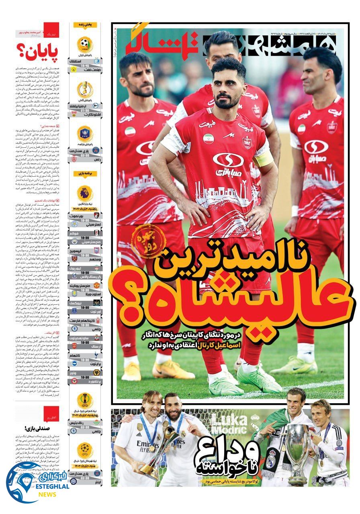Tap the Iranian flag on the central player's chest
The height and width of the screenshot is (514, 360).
pyautogui.click(x=209, y=139)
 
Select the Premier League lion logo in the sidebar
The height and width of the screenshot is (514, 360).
pyautogui.click(x=85, y=193)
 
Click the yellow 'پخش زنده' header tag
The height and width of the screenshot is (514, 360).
pyautogui.click(x=85, y=25)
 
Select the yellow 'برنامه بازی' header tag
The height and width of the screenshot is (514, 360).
pyautogui.click(x=85, y=173)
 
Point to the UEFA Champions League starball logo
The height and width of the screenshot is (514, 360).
pyautogui.click(x=85, y=449)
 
